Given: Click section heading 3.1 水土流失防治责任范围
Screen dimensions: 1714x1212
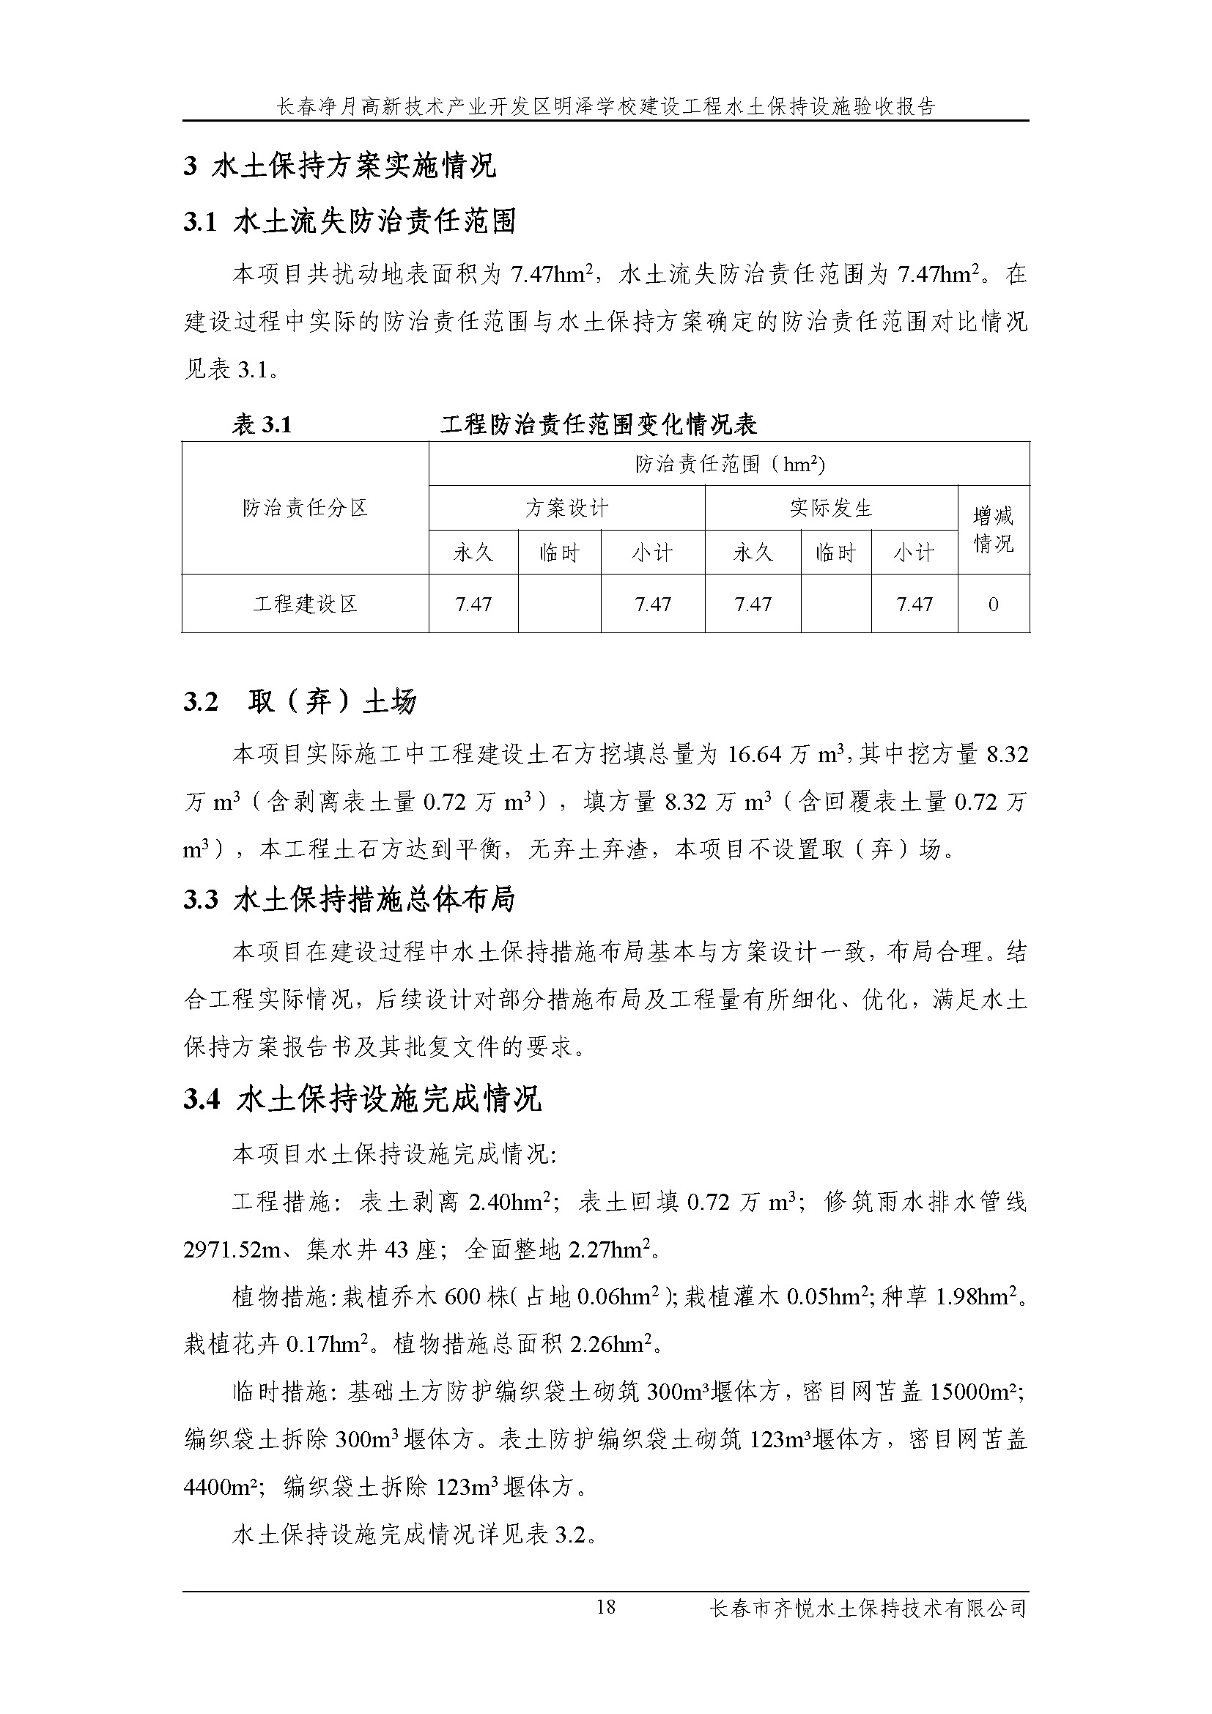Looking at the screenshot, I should (x=350, y=221).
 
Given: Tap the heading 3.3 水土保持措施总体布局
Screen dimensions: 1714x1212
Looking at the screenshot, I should (x=350, y=900).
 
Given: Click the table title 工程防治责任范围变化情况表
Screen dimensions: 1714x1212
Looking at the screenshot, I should (x=599, y=424).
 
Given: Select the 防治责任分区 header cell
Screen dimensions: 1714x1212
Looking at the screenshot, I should (x=306, y=508).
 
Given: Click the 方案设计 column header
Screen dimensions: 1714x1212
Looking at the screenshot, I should (x=566, y=509).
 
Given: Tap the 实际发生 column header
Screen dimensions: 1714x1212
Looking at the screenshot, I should (x=831, y=509).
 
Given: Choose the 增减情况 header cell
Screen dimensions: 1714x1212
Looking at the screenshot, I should (x=994, y=530).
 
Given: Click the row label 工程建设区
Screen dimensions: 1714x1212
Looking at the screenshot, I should (x=306, y=604).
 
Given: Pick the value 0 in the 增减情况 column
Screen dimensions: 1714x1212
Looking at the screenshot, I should (x=994, y=604).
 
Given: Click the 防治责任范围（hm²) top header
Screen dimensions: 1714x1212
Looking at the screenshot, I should (x=729, y=464).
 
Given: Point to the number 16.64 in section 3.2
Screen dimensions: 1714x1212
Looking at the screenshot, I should (x=754, y=755).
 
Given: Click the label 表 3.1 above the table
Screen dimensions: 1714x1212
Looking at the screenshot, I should (x=262, y=424).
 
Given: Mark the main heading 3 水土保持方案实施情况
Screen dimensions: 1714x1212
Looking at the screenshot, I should (x=339, y=165).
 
